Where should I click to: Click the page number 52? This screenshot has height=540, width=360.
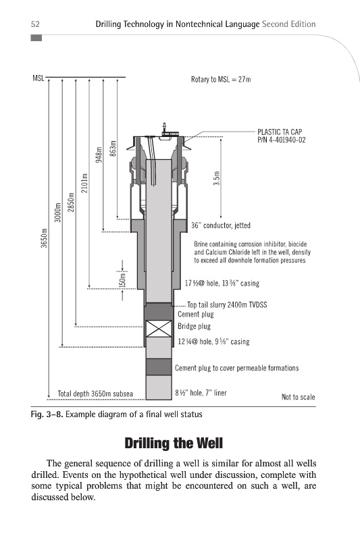pyautogui.click(x=35, y=24)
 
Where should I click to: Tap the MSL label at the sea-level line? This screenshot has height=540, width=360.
pyautogui.click(x=38, y=78)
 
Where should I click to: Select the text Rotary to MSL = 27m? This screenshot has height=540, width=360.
pyautogui.click(x=221, y=80)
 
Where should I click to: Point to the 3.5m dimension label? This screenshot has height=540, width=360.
pyautogui.click(x=217, y=178)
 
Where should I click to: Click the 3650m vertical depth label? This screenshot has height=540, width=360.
pyautogui.click(x=44, y=238)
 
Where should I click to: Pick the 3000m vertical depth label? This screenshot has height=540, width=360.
pyautogui.click(x=58, y=213)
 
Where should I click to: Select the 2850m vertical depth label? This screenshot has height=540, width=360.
pyautogui.click(x=72, y=202)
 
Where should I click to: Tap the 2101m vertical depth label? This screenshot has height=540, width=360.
pyautogui.click(x=84, y=183)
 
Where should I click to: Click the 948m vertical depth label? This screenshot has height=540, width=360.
pyautogui.click(x=99, y=155)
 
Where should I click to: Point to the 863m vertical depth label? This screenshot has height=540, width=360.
pyautogui.click(x=113, y=148)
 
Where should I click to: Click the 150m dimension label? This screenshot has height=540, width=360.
pyautogui.click(x=122, y=279)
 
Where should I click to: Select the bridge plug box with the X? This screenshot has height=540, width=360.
pyautogui.click(x=159, y=329)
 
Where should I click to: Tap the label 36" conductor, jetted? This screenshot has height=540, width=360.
pyautogui.click(x=221, y=225)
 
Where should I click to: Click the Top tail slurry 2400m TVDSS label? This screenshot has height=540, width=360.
pyautogui.click(x=227, y=305)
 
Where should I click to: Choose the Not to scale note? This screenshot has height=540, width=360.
pyautogui.click(x=299, y=397)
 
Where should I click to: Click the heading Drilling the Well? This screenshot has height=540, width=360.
pyautogui.click(x=174, y=443)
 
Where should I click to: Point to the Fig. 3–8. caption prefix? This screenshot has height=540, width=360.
pyautogui.click(x=47, y=414)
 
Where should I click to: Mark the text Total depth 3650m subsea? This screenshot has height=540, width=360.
pyautogui.click(x=95, y=394)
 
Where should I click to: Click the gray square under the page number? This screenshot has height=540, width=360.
pyautogui.click(x=36, y=38)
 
